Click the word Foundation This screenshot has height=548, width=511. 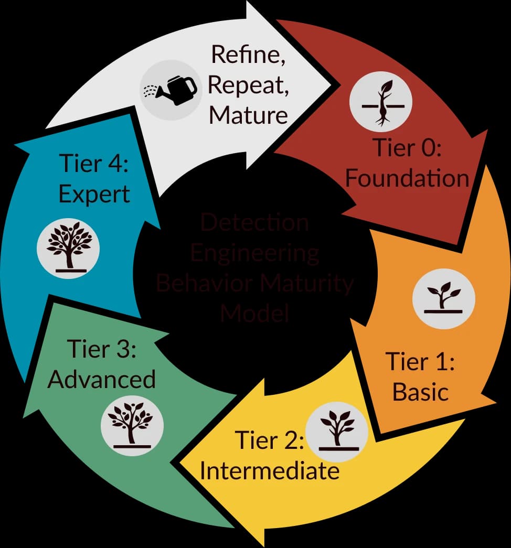(x=407, y=178)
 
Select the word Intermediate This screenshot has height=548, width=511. (x=269, y=470)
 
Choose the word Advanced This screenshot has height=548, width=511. (x=102, y=379)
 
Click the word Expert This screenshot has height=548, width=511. (x=94, y=194)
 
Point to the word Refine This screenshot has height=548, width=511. (x=248, y=55)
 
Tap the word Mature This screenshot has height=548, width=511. (x=249, y=114)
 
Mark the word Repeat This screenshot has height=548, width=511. (x=248, y=85)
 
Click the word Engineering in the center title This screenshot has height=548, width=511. (x=254, y=253)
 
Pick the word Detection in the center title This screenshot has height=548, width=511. (x=254, y=222)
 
